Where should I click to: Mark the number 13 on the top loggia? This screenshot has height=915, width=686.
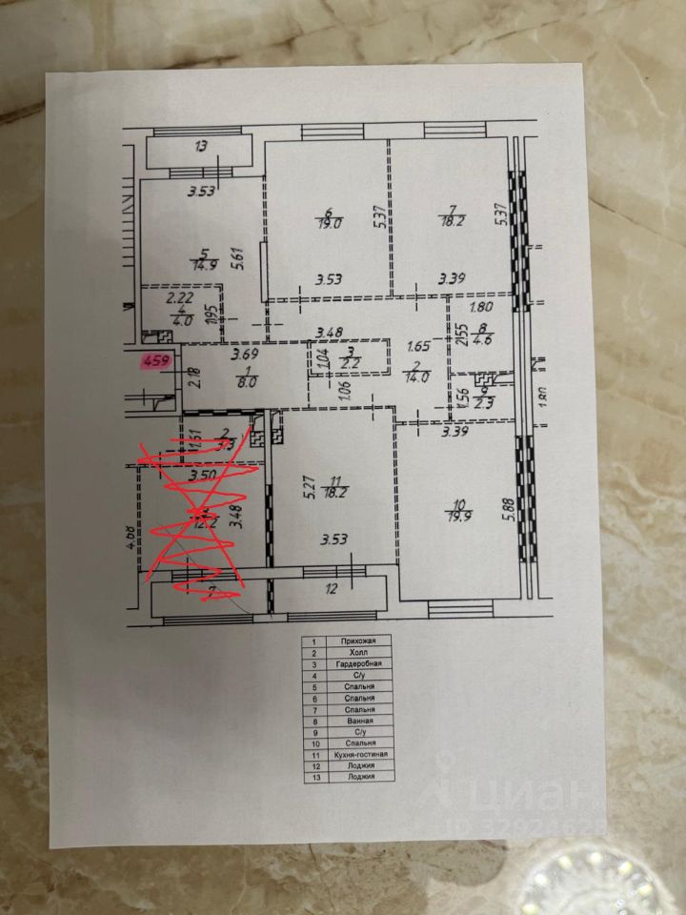[200, 147]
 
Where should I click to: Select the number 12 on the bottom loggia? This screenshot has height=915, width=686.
[333, 589]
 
